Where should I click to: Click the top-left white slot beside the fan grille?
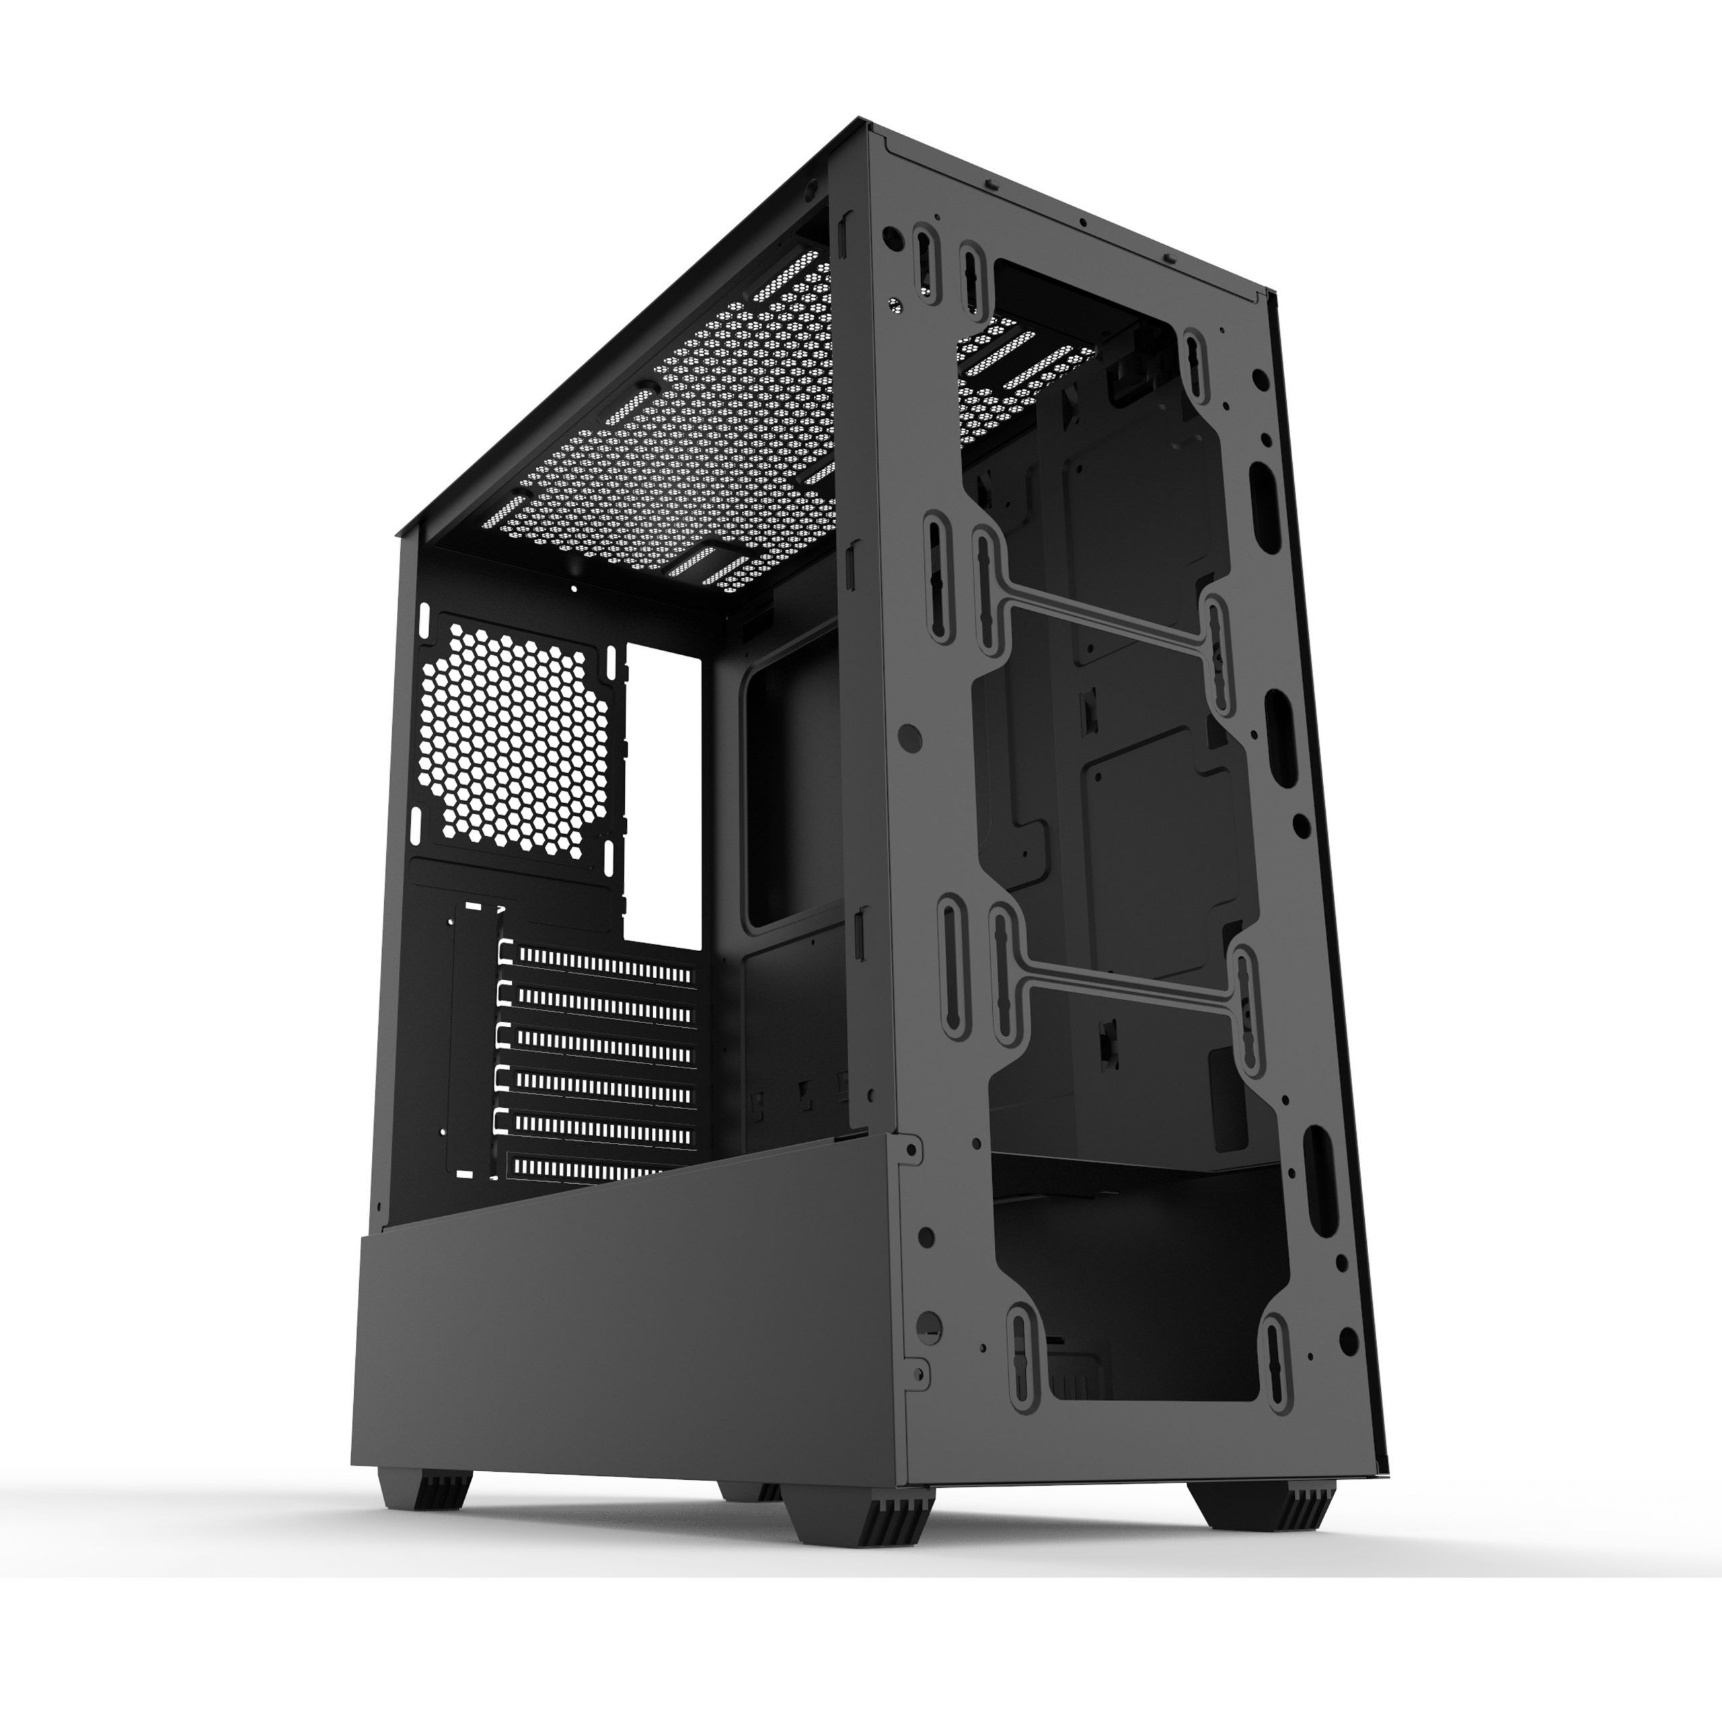coord(424,620)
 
